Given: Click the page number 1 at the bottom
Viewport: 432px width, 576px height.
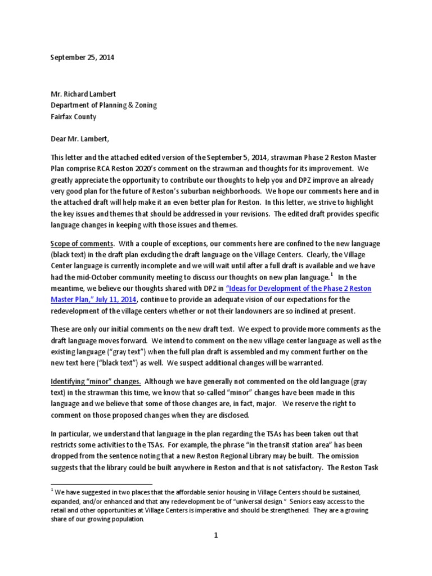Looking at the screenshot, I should pyautogui.click(x=215, y=535).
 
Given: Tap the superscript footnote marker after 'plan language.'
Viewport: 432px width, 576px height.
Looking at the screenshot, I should pyautogui.click(x=332, y=275).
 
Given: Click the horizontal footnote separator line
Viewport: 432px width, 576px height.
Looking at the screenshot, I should pyautogui.click(x=101, y=484).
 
